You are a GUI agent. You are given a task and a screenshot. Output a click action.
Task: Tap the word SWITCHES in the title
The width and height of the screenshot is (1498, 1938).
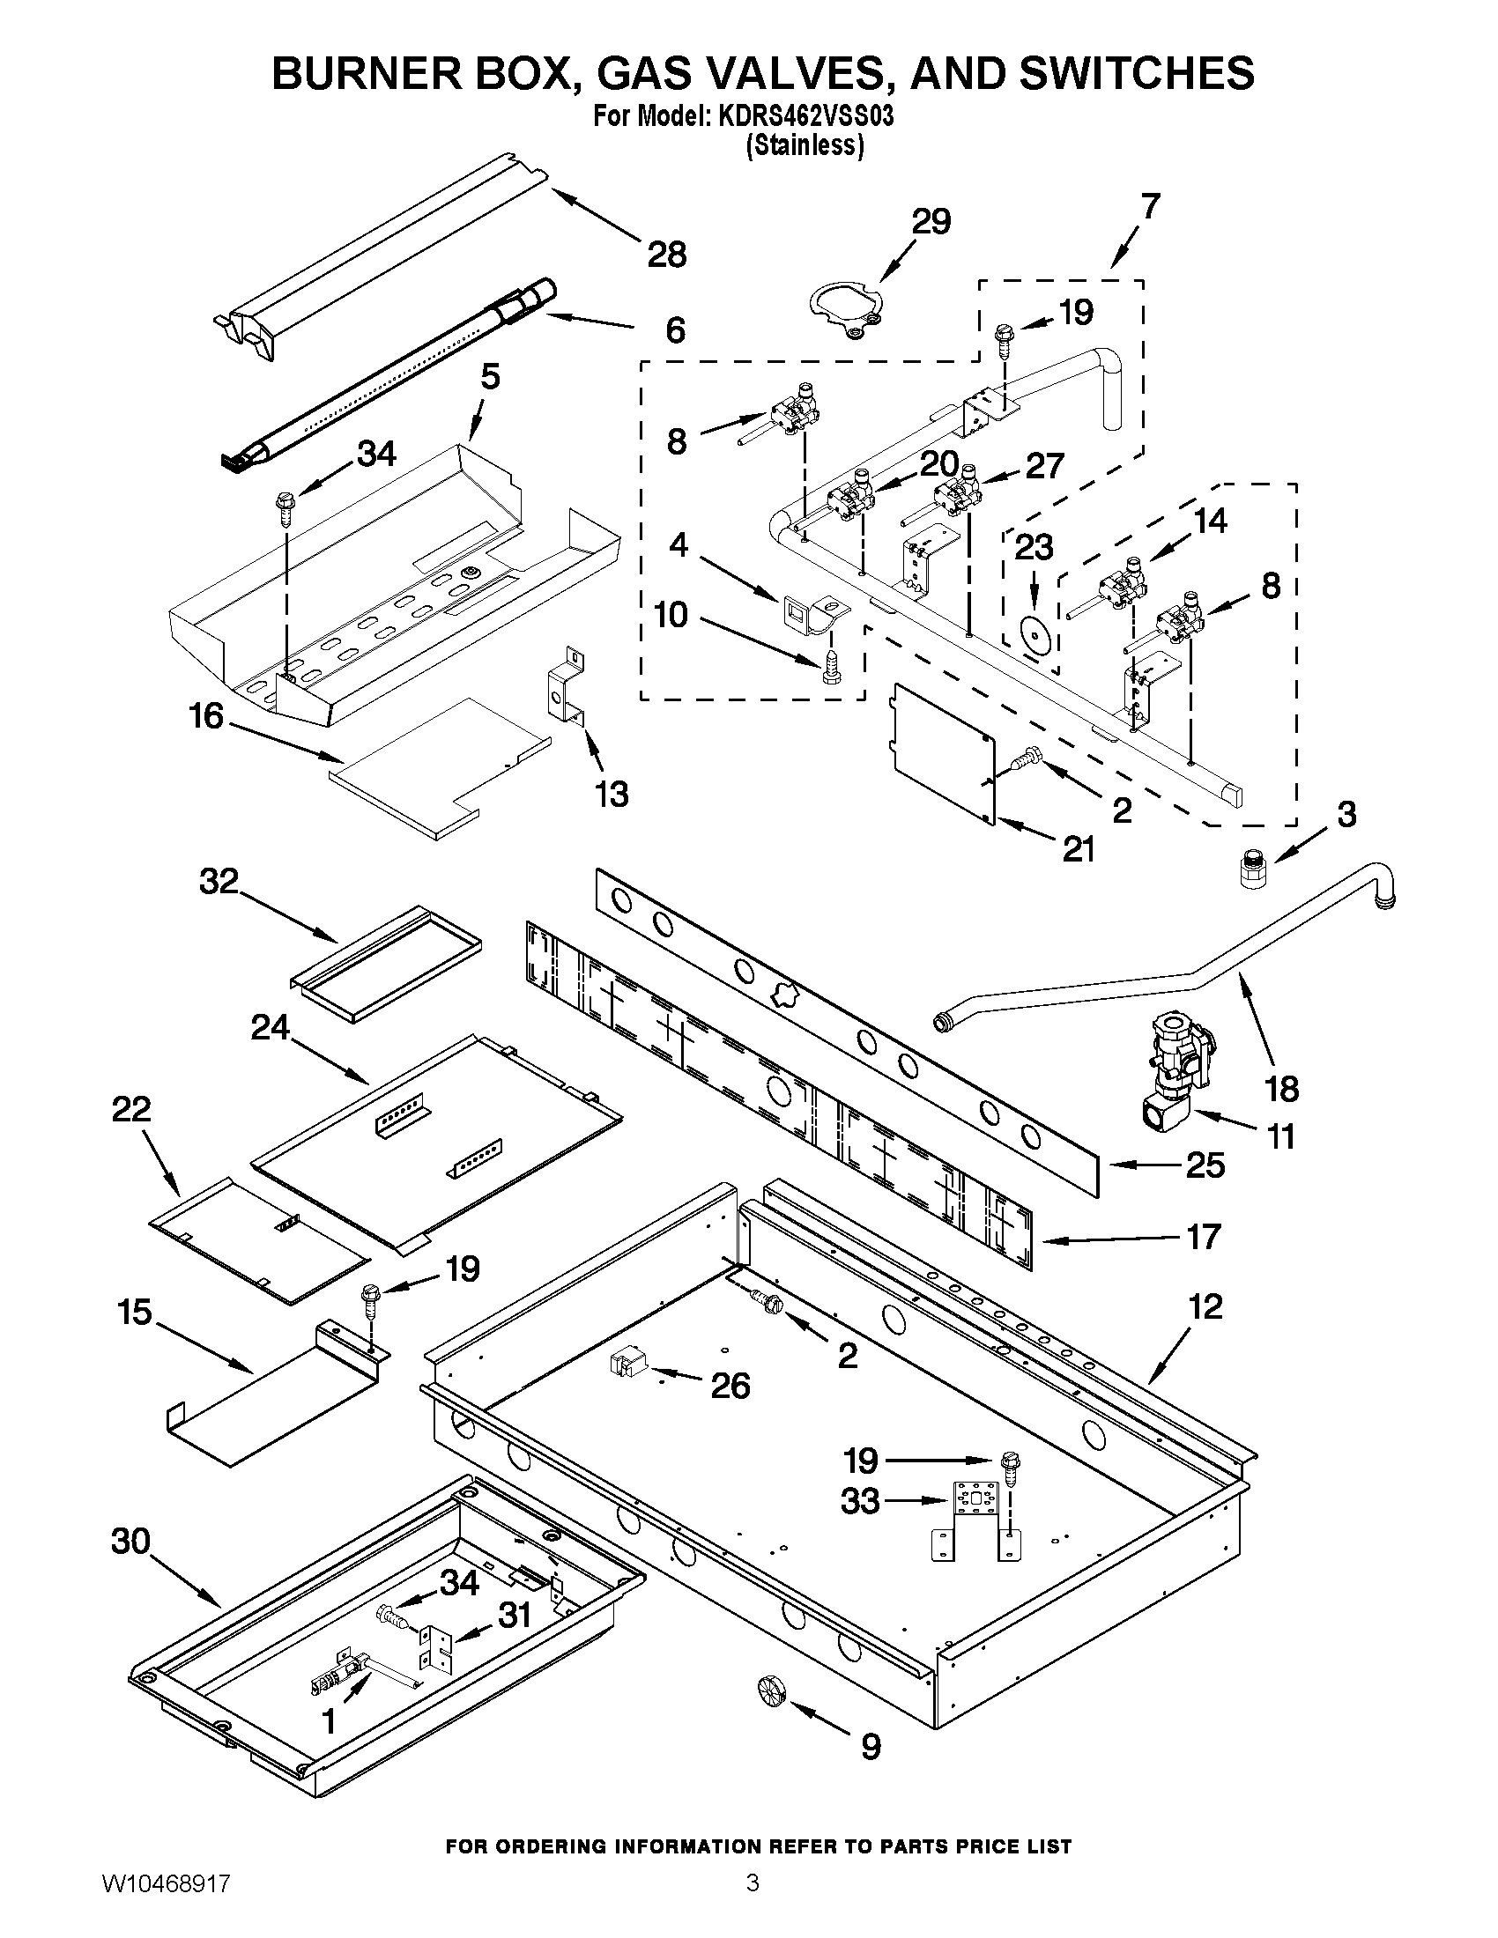pyautogui.click(x=1137, y=72)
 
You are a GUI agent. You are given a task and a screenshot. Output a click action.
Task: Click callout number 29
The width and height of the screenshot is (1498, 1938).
pyautogui.click(x=931, y=221)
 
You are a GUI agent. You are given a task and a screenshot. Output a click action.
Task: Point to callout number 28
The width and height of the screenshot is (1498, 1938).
pyautogui.click(x=666, y=255)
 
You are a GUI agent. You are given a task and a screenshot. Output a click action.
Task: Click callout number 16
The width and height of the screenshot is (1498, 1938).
pyautogui.click(x=206, y=716)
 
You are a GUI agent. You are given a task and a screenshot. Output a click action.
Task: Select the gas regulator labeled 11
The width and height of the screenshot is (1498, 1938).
pyautogui.click(x=1176, y=1075)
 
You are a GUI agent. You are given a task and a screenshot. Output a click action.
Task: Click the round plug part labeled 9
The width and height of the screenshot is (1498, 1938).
pyautogui.click(x=771, y=1691)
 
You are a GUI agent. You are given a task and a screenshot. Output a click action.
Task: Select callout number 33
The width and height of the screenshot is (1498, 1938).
pyautogui.click(x=859, y=1502)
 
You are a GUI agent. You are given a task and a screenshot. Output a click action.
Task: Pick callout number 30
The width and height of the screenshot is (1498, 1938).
pyautogui.click(x=130, y=1542)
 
